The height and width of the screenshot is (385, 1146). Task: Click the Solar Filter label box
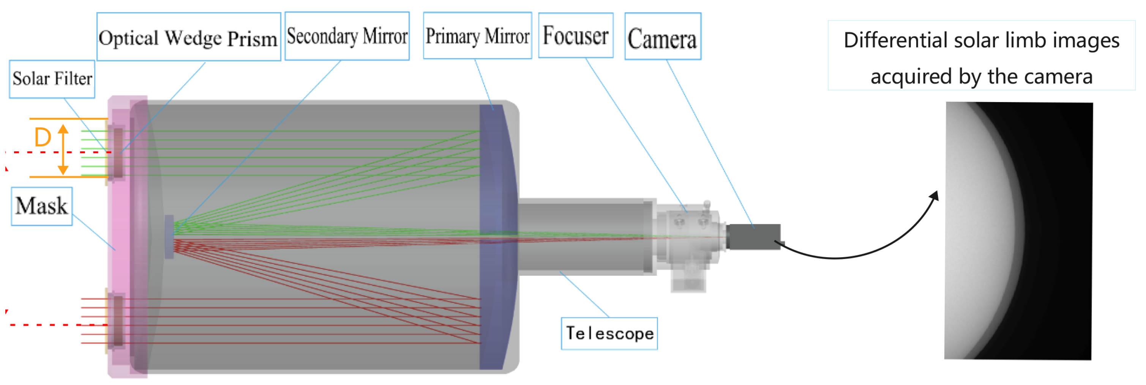[x=52, y=79]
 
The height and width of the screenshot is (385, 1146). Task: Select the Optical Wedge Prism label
[x=188, y=37]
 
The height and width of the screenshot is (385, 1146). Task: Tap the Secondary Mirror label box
[x=347, y=36]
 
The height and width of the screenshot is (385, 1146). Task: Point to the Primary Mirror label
[x=477, y=36]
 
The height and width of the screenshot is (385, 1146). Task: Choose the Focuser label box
[x=576, y=36]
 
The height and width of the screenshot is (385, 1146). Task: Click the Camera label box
[x=662, y=36]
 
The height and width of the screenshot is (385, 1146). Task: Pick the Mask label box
[x=42, y=206]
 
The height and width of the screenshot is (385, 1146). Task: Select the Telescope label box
[x=609, y=333]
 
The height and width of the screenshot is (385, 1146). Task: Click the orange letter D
[x=42, y=137]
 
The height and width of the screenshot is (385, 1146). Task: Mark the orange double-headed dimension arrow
[x=63, y=149]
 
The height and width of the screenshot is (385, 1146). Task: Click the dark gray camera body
[x=755, y=237]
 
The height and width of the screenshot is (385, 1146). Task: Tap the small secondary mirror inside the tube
[x=169, y=237]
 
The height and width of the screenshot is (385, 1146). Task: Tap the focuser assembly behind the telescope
[x=687, y=238]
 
